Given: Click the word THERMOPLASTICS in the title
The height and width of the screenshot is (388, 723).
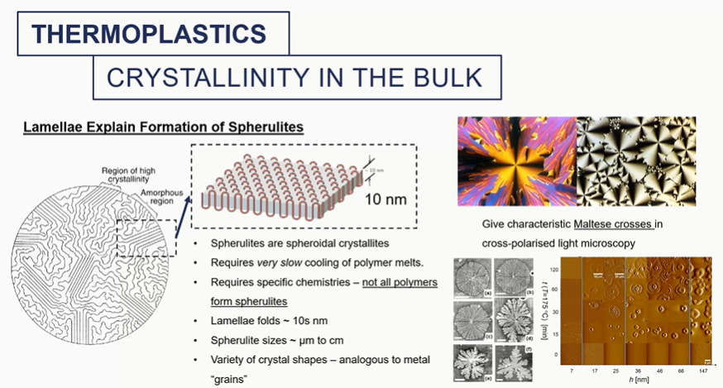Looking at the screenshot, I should tap(149, 33).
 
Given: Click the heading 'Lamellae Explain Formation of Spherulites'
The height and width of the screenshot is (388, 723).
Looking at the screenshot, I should tap(163, 127).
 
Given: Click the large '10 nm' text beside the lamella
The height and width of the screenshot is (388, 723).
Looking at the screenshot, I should tap(381, 199).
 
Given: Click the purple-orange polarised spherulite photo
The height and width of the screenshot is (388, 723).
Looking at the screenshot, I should tap(516, 160).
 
